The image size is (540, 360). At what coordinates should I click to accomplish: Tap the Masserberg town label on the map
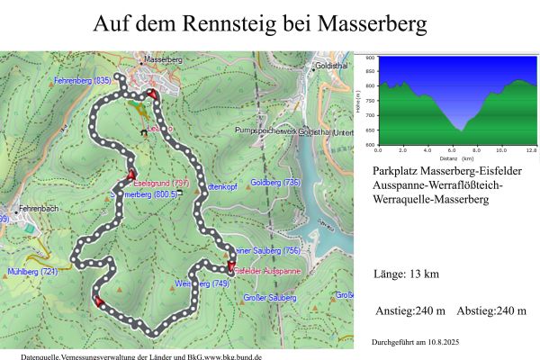pyautogui.click(x=163, y=59)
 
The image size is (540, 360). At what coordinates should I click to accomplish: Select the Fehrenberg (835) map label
pyautogui.click(x=83, y=81)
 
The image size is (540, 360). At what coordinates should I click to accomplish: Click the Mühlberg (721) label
pyautogui.click(x=32, y=271)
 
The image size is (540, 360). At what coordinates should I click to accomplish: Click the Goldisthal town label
pyautogui.click(x=333, y=67)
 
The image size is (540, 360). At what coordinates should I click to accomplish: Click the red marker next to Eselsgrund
pyautogui.click(x=131, y=175)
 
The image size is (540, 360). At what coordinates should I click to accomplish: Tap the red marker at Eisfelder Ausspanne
pyautogui.click(x=231, y=266)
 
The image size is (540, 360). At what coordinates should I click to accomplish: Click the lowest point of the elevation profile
pyautogui.click(x=461, y=131)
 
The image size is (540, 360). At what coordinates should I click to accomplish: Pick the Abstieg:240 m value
pyautogui.click(x=490, y=311)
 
